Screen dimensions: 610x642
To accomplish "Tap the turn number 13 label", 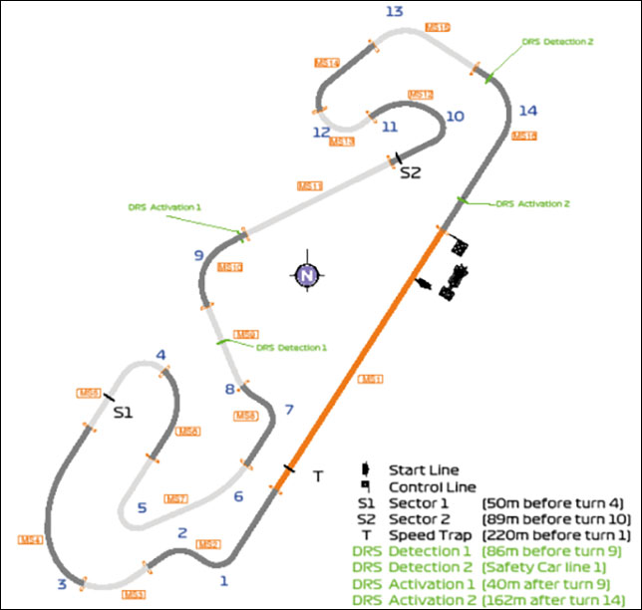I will pos(394,11).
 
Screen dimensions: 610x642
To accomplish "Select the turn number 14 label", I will pos(528,110).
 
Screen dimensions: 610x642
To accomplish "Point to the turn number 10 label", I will pos(455,116).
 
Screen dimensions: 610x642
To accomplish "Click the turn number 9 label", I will pos(198,255).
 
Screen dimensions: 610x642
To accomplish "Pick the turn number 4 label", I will pos(160,355).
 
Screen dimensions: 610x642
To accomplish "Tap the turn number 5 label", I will pos(142,507).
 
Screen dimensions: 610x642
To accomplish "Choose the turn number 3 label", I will pos(62,583).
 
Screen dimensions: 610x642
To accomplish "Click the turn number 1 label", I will pos(223,579).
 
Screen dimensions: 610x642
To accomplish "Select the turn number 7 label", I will pos(289,409).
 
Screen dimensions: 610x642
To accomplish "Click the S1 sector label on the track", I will pos(123,411).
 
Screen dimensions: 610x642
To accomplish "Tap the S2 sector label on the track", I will pos(411,172).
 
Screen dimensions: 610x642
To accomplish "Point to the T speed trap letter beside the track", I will pos(318,476).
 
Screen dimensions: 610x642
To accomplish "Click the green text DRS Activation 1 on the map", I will pos(164,207).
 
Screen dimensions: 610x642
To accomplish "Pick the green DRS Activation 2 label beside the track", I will pos(532,203).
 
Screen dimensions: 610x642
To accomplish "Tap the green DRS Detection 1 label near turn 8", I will pos(290,348).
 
